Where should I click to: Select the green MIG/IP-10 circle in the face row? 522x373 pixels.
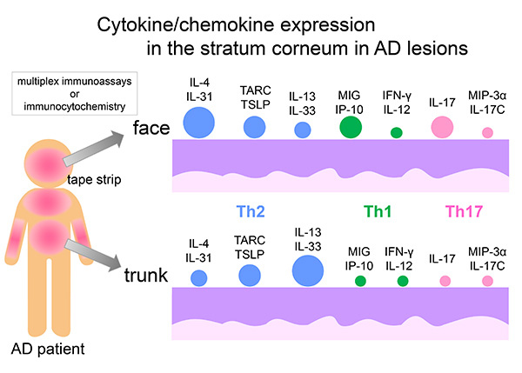pos(351,126)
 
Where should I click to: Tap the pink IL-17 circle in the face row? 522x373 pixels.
pos(444,127)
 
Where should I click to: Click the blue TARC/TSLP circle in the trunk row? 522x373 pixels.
pos(251,276)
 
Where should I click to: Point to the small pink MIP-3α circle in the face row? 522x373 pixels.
pos(487,133)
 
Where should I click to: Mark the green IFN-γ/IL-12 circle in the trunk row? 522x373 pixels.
pos(402,280)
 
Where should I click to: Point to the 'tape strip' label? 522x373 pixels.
pos(94,179)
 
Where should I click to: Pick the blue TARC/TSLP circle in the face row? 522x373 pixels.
pos(253,128)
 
